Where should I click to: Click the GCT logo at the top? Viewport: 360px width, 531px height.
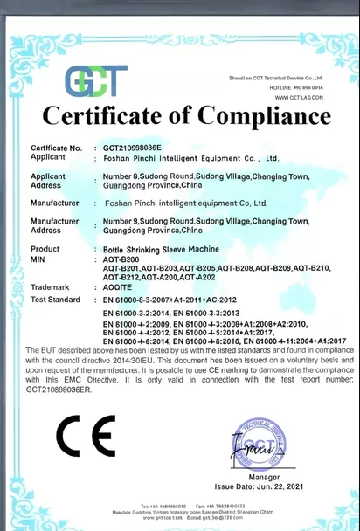point(95,80)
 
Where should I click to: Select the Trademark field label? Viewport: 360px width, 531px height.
point(50,286)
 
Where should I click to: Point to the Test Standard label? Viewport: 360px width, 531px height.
point(56,299)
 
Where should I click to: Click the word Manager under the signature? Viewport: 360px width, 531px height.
point(264,477)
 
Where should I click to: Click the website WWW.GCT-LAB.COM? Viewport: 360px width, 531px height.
point(299,97)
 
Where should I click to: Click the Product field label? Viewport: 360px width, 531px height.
point(45,249)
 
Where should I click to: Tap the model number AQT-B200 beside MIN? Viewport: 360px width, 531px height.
point(121,259)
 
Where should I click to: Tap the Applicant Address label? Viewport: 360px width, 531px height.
point(48,181)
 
